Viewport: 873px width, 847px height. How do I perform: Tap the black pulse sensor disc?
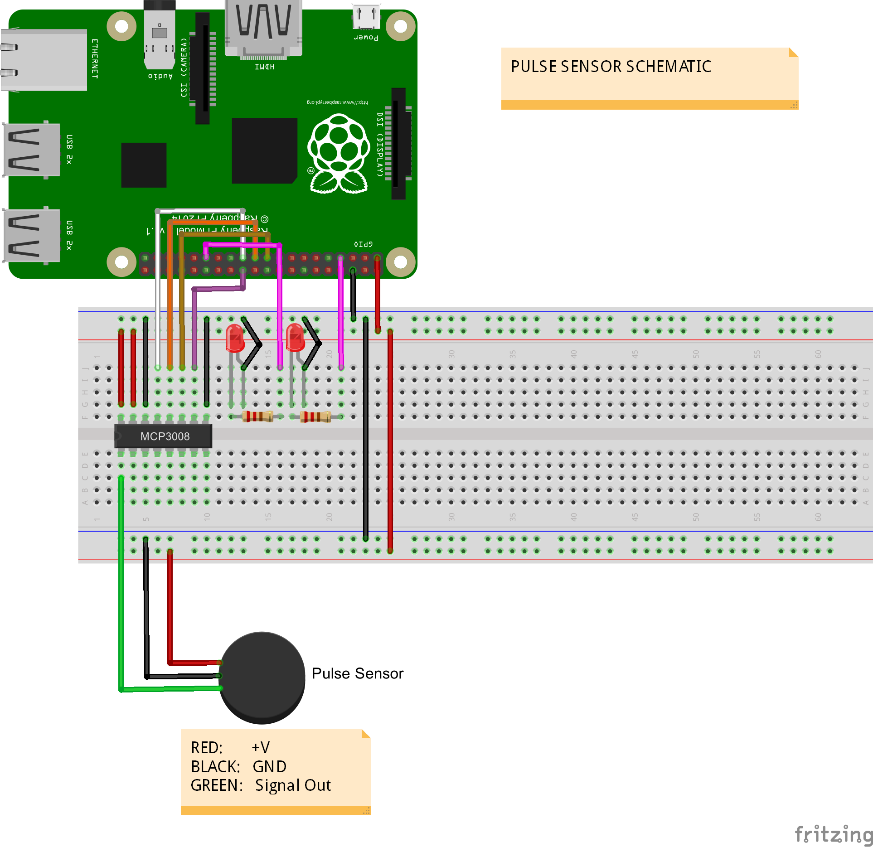[262, 677]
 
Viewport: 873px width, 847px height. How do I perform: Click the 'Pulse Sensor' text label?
[357, 673]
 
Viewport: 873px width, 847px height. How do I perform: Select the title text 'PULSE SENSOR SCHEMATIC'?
[611, 67]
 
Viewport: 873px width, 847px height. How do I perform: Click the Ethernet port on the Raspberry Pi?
[44, 60]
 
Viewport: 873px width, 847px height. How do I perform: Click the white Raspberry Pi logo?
[338, 154]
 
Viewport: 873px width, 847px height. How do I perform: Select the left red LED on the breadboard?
[235, 338]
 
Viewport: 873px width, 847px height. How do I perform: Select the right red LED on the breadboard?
[295, 337]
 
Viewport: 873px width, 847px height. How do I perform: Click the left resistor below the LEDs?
[257, 416]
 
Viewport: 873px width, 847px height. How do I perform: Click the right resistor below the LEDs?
[315, 416]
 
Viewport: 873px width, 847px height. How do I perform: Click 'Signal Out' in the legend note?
[293, 785]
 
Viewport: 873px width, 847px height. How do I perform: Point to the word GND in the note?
[269, 767]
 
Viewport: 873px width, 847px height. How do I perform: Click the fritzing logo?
[833, 834]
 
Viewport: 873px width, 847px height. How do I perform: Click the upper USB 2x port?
[32, 150]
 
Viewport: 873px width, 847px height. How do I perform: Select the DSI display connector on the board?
[398, 144]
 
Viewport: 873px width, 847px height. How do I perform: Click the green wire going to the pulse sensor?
[121, 589]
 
